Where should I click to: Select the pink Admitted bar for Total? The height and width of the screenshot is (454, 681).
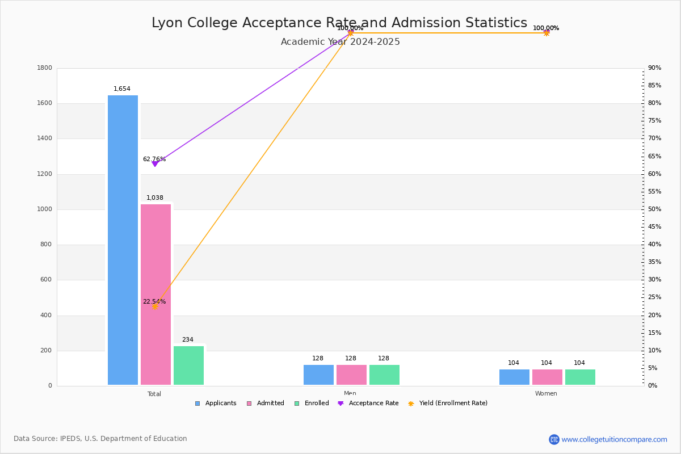coord(155,295)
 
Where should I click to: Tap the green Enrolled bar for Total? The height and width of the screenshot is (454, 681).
coord(188,365)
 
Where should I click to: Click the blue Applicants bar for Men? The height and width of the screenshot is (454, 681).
coord(318,375)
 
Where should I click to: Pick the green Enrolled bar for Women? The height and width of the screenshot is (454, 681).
coord(580,377)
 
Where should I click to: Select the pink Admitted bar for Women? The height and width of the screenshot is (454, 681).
coord(547,377)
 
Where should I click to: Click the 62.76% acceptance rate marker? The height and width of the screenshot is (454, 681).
coord(155,164)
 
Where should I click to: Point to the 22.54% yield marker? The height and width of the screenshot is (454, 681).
coord(155,306)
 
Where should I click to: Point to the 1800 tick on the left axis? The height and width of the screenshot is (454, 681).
coord(45,68)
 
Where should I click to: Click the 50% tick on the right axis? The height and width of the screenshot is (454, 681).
coord(654,209)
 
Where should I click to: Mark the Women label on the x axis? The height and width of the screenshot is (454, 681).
coord(546,394)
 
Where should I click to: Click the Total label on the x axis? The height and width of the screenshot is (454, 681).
coord(154,394)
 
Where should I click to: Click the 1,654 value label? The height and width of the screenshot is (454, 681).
coord(122,89)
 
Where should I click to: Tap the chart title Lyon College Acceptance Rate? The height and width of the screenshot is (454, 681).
coord(339,23)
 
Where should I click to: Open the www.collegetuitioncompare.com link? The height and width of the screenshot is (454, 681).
coord(614,439)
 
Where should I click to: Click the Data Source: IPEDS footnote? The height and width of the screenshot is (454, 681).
coord(100,439)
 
